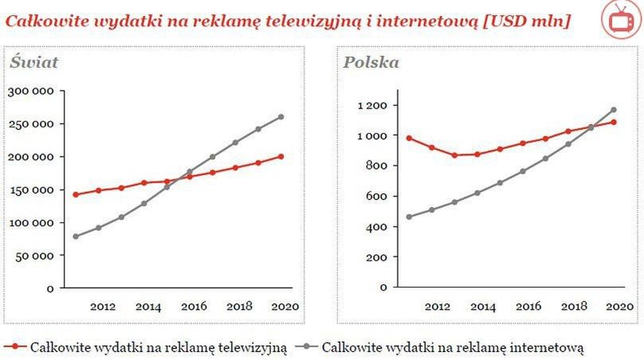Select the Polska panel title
pyautogui.click(x=371, y=62)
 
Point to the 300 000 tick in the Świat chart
pyautogui.click(x=30, y=91)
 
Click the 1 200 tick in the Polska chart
pyautogui.click(x=371, y=105)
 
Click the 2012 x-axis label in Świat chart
pyautogui.click(x=103, y=306)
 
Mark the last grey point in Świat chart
pyautogui.click(x=281, y=117)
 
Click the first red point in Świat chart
pyautogui.click(x=76, y=194)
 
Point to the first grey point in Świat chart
pyautogui.click(x=76, y=236)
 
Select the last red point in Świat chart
pyautogui.click(x=281, y=156)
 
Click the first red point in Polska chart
pyautogui.click(x=409, y=138)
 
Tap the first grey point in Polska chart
pyautogui.click(x=409, y=217)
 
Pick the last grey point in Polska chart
pyautogui.click(x=614, y=109)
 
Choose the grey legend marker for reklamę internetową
pyautogui.click(x=308, y=347)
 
